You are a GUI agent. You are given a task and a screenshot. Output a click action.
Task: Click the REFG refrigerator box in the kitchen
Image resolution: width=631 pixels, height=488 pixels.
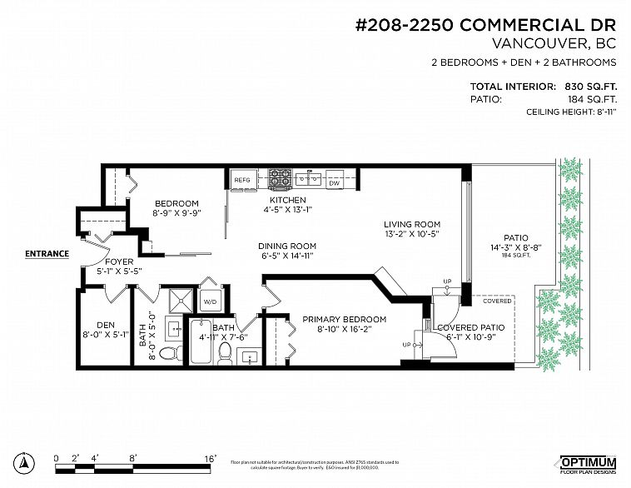pyautogui.click(x=242, y=180)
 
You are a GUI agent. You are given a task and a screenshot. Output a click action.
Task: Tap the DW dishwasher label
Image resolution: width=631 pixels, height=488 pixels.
pyautogui.click(x=335, y=182)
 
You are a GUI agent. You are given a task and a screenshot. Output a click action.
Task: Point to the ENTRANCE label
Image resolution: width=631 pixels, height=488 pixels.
pyautogui.click(x=47, y=253)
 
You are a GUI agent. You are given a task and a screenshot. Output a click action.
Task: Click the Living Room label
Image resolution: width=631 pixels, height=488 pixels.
pyautogui.click(x=411, y=224)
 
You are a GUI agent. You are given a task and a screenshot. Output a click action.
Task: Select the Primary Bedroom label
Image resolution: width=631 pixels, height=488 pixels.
pyautogui.click(x=344, y=320)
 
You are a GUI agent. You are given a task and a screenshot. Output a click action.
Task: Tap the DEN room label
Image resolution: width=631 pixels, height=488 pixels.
pyautogui.click(x=105, y=326)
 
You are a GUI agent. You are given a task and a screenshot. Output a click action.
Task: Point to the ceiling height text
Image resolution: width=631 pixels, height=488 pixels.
pyautogui.click(x=570, y=112)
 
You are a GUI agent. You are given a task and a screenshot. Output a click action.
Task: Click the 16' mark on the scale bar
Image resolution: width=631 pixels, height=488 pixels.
pyautogui.click(x=211, y=458)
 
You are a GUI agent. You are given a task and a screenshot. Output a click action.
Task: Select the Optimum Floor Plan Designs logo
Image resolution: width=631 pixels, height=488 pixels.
pyautogui.click(x=587, y=464)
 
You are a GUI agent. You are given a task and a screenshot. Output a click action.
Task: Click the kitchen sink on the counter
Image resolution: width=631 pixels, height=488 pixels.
pyautogui.click(x=309, y=177)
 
